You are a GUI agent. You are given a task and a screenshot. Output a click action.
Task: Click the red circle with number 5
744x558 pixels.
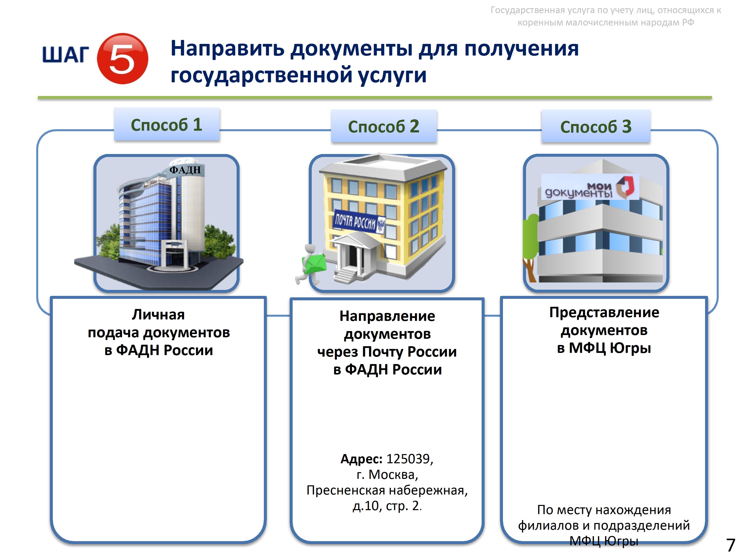(x=123, y=59)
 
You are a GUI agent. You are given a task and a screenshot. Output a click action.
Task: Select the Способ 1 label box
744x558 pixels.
(x=167, y=124)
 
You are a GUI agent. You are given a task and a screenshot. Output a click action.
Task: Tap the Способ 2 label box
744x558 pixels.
(x=384, y=126)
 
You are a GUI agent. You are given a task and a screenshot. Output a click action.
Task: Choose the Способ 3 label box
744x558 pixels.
(x=596, y=126)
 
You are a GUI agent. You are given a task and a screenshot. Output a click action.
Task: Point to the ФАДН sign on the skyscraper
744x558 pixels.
(x=185, y=170)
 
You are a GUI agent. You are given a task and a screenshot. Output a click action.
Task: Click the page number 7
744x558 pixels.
(x=731, y=545)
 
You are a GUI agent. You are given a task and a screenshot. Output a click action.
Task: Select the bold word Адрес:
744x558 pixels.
(x=361, y=459)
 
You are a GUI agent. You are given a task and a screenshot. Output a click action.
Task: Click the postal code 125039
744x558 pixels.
(x=408, y=459)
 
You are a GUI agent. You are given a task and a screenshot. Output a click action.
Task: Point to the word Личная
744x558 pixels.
(x=158, y=314)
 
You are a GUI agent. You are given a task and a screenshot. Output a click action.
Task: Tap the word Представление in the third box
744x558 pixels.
(x=604, y=312)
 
